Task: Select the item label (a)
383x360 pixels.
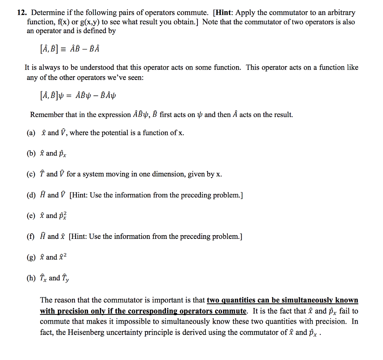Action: [31, 133]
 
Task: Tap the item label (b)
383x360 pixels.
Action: [31, 153]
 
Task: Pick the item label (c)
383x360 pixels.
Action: [31, 174]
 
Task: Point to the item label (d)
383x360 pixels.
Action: [31, 195]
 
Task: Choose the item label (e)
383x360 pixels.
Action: [31, 216]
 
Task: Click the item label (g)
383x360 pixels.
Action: [31, 257]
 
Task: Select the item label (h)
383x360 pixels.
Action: [31, 278]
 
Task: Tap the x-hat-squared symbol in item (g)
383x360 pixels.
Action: [63, 257]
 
